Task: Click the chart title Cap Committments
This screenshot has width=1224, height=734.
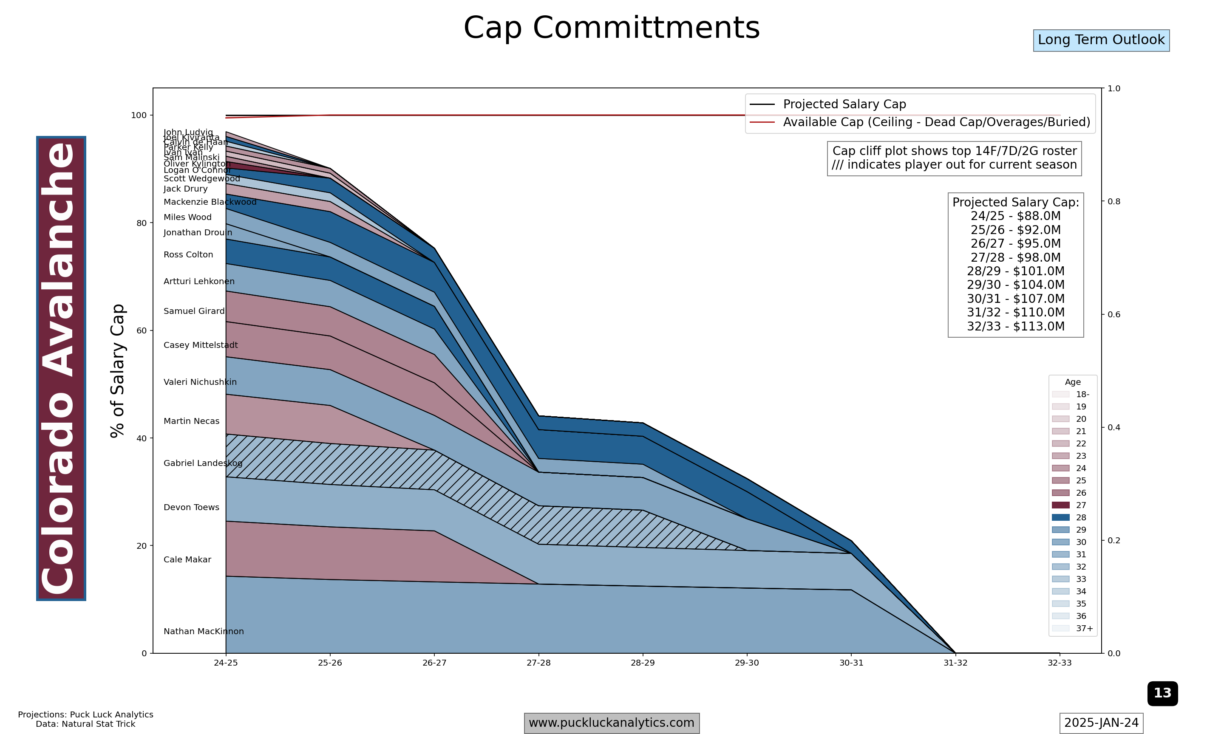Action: coord(612,28)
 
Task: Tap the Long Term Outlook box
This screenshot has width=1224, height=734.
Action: coord(1101,40)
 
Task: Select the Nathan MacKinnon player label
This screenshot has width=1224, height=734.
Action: coord(203,631)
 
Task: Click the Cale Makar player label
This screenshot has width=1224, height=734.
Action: coord(187,559)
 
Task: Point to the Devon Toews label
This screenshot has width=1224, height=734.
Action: coord(191,507)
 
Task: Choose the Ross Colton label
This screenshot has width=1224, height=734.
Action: coord(188,254)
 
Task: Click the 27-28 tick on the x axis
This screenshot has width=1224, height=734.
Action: coord(538,663)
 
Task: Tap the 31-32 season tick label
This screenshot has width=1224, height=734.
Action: coord(955,663)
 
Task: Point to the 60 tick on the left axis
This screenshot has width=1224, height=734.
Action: coord(142,330)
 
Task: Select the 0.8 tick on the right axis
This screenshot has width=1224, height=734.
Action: coord(1113,201)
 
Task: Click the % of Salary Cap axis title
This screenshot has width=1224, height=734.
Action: coord(117,370)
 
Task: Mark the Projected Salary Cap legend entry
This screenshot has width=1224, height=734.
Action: coord(844,104)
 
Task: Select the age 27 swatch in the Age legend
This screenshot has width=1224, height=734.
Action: coord(1061,505)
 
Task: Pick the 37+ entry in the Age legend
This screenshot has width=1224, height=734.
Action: coord(1085,628)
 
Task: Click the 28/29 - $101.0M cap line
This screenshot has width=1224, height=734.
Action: coord(1015,271)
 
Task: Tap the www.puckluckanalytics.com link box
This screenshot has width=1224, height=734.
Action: coord(612,723)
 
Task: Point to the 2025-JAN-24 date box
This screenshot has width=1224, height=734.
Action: coord(1101,723)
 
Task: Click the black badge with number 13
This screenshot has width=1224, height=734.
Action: coord(1162,693)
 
